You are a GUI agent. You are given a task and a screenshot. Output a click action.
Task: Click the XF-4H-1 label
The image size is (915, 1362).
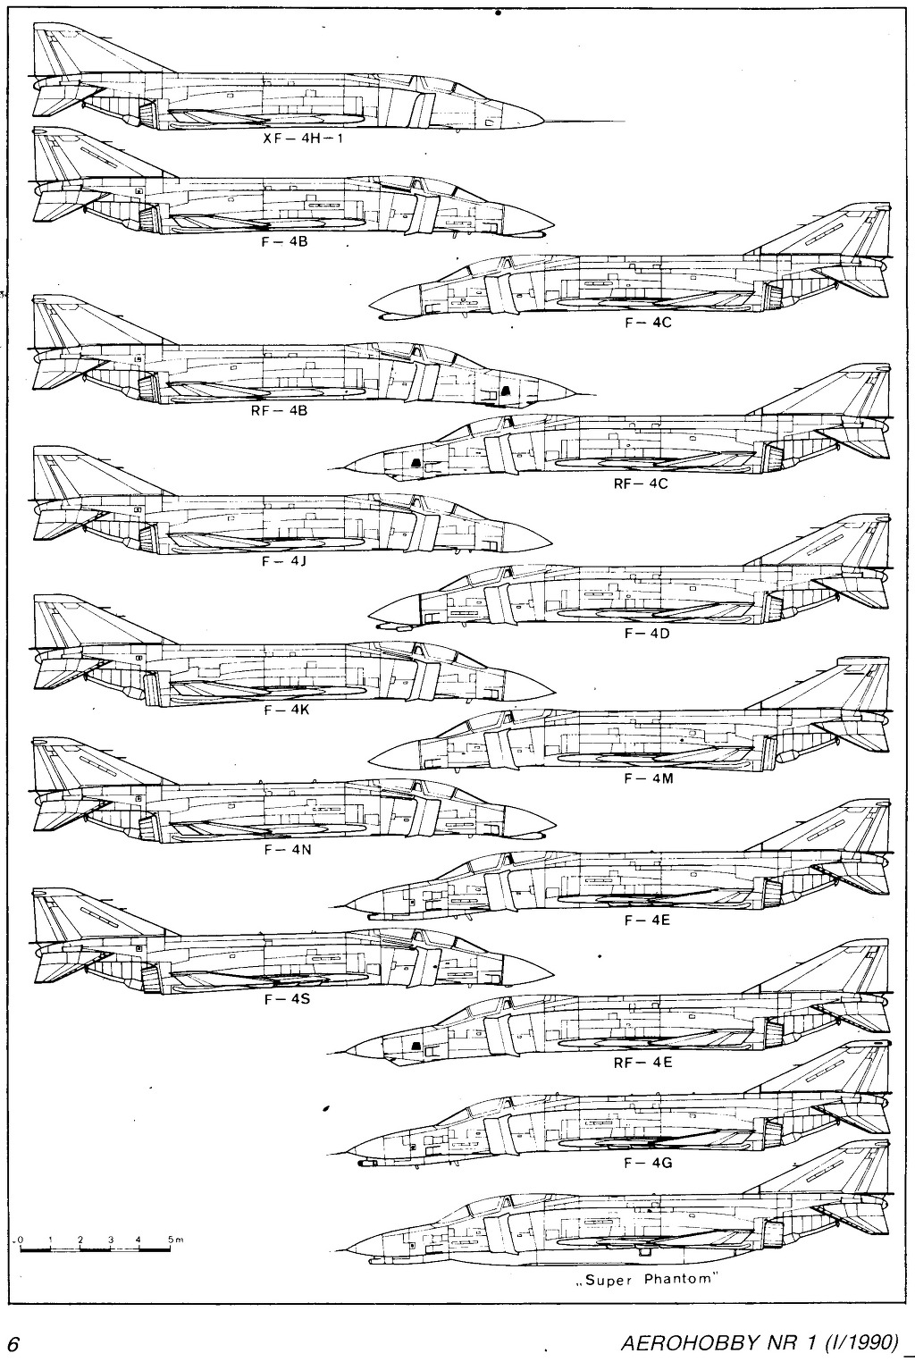click(303, 138)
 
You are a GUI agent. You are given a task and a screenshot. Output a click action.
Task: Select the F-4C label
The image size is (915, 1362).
click(648, 323)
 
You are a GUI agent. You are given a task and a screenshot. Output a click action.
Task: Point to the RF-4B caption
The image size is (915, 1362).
click(279, 410)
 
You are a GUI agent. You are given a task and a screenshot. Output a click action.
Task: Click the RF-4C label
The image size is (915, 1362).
click(640, 484)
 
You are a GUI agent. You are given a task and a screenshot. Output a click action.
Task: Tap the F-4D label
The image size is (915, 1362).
click(647, 634)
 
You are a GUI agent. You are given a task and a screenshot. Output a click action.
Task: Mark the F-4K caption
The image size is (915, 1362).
click(286, 710)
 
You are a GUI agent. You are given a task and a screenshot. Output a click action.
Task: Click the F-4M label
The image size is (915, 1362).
click(649, 778)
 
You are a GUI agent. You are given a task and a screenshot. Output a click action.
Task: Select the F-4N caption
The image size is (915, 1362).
click(288, 849)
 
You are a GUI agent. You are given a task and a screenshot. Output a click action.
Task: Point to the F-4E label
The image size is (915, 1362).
click(647, 921)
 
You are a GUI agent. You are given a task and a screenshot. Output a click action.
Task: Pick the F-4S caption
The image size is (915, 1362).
click(287, 998)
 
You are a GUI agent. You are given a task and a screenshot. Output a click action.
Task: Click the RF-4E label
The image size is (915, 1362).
click(642, 1064)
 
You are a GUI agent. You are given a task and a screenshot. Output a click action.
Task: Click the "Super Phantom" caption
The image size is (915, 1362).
click(644, 1279)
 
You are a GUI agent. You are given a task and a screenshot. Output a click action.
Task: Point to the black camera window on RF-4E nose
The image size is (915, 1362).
click(416, 1046)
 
